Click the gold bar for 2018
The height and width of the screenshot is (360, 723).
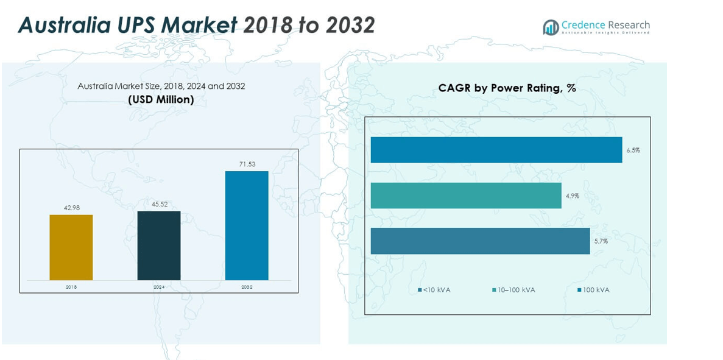point(71,247)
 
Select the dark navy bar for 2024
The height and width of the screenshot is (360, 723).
point(159,245)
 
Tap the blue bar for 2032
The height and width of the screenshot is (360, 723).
point(247,225)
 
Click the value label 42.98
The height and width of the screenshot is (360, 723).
point(72,208)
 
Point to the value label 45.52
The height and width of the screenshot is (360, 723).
point(159,205)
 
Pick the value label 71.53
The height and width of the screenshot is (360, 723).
point(247,164)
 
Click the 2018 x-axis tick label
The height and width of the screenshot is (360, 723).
point(71,286)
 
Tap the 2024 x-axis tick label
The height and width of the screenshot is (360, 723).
point(159,286)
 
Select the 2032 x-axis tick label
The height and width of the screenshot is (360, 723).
point(247,286)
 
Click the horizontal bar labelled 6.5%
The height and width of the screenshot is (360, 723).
point(496,150)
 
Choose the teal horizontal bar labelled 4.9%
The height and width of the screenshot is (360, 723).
point(465,196)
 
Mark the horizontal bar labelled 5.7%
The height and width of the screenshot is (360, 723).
point(480,241)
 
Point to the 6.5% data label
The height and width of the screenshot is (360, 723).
point(633,150)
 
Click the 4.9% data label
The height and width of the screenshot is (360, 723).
point(572,196)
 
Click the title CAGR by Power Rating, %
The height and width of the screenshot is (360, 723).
point(507,88)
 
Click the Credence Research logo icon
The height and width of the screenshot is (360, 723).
point(551,27)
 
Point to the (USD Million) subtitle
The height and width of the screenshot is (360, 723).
point(161,99)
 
